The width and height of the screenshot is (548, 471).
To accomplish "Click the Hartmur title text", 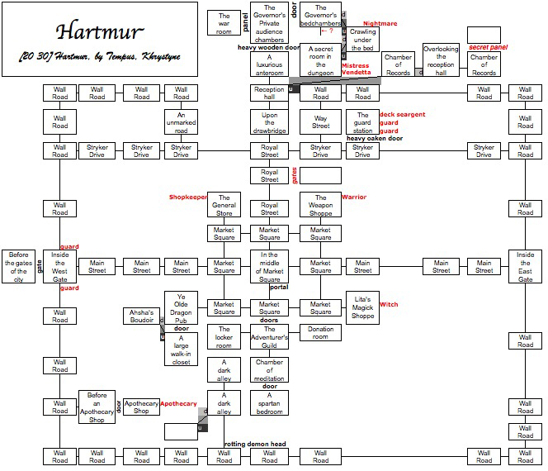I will [100, 32].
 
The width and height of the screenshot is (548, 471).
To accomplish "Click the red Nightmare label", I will [380, 24].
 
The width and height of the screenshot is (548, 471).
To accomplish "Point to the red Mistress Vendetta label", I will [356, 69].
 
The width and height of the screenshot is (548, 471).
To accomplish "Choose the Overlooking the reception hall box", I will [441, 60].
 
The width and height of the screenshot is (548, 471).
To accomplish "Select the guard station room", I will [361, 121].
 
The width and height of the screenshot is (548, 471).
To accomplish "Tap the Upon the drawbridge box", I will [269, 121].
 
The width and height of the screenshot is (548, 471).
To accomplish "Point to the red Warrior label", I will [354, 197].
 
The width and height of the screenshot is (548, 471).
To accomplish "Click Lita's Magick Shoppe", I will [362, 307].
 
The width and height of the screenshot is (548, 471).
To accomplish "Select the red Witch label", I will [388, 304].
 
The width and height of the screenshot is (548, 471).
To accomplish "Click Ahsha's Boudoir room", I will [142, 318].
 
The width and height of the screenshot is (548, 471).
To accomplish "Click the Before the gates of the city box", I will [18, 265].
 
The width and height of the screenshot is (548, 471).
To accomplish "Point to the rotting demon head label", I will [255, 445].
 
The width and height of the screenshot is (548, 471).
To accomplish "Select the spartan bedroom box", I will [269, 402].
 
